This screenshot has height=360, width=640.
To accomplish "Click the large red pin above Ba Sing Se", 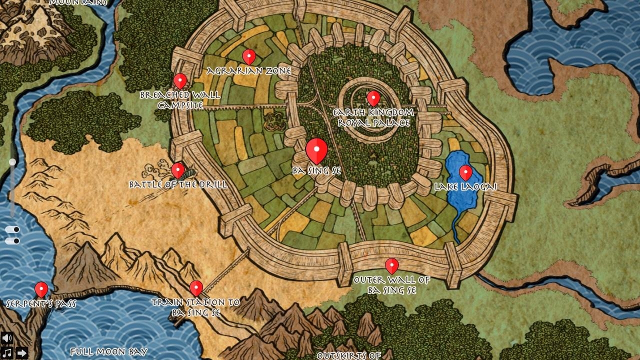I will pos(316,150).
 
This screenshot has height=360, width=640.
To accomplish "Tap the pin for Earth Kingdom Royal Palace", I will pos(373,98).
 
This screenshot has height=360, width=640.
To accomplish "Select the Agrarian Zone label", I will pos(248,71).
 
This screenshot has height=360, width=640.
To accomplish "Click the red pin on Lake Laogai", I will pos(465,172).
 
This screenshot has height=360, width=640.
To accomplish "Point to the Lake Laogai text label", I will pos(465,187).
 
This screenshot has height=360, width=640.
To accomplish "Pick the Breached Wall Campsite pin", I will pos(180,80).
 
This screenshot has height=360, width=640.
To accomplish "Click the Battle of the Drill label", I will pos(178,184).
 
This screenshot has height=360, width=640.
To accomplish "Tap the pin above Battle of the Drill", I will pos(178,170).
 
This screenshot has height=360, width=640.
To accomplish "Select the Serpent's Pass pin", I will pos(41,289).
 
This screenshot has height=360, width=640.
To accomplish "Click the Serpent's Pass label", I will pos(41,303).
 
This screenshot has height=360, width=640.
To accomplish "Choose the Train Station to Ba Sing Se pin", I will pos(196,287).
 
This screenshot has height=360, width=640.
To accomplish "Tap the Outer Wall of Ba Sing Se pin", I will pos(391,265).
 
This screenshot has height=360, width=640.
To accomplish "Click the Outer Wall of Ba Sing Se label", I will pos(391,285).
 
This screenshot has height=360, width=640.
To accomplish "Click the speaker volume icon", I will pos(6,338).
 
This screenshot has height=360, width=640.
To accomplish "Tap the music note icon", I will pos(6,353).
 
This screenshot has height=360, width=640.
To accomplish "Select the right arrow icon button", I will pos(21,353).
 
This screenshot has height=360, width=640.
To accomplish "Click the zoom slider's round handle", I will pos(12,162).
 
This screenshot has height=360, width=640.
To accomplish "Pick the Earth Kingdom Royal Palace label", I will pos(373,117).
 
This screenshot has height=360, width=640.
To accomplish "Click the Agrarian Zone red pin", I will pos(248,56).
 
